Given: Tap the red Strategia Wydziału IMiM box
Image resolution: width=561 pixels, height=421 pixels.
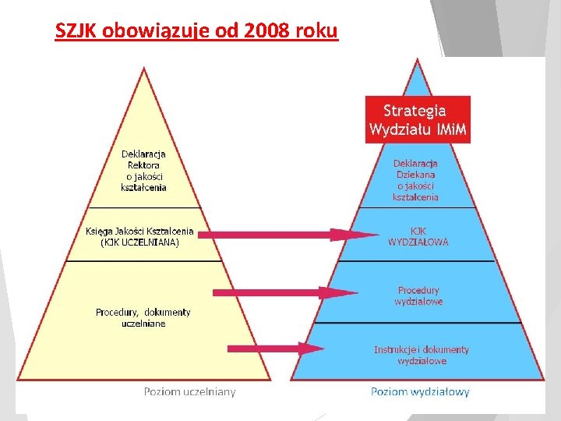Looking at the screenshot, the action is [x=418, y=119].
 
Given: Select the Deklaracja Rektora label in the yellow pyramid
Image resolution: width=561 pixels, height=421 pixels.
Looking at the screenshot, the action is [x=143, y=170].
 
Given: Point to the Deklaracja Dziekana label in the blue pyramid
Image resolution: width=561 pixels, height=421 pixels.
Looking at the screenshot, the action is [x=415, y=180].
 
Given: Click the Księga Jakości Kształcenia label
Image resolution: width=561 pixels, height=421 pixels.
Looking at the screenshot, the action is [x=139, y=232].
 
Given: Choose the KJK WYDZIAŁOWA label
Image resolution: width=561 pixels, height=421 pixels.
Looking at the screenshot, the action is [x=418, y=236].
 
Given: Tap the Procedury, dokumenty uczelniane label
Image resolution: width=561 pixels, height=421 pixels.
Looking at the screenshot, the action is [x=143, y=317].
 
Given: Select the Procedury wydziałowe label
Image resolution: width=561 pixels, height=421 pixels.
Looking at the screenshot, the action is [x=418, y=295].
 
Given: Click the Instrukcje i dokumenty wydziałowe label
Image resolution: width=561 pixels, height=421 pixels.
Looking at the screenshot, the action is [x=422, y=355].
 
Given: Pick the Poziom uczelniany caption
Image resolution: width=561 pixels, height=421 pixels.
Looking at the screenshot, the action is [x=189, y=391].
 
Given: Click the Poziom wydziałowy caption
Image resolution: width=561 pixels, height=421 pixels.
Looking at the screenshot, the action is [x=420, y=391].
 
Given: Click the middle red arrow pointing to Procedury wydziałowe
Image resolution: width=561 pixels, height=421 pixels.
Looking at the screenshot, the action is [x=284, y=292].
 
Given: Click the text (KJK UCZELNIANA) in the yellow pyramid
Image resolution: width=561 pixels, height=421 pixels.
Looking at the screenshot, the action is [x=139, y=242].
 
